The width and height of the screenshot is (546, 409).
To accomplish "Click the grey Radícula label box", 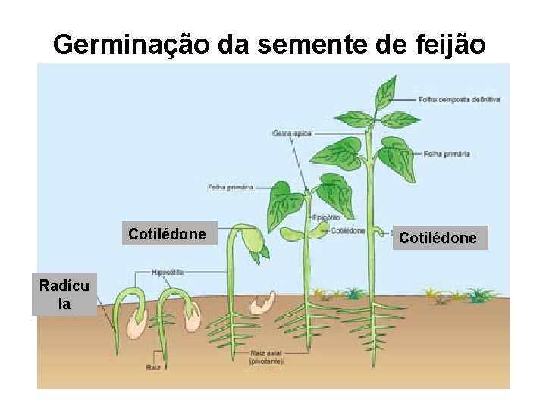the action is [x=64, y=295].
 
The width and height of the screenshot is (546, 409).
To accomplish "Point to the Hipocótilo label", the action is [x=167, y=271].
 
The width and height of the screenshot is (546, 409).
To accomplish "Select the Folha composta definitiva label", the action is [x=459, y=99].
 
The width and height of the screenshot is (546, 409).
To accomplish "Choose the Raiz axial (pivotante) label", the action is [x=266, y=357].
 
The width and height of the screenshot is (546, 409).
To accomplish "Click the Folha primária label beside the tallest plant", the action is [x=447, y=154].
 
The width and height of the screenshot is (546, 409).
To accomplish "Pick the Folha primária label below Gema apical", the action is [x=231, y=187].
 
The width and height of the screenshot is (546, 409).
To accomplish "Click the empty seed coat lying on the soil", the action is [x=264, y=303].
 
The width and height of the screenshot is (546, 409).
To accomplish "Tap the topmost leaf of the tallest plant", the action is [x=386, y=91].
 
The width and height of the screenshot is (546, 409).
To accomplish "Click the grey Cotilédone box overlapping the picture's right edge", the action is [x=438, y=238].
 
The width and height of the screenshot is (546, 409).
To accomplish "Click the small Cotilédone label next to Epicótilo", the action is [x=348, y=231].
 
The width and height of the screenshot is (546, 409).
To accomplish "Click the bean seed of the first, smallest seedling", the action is [x=137, y=321].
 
